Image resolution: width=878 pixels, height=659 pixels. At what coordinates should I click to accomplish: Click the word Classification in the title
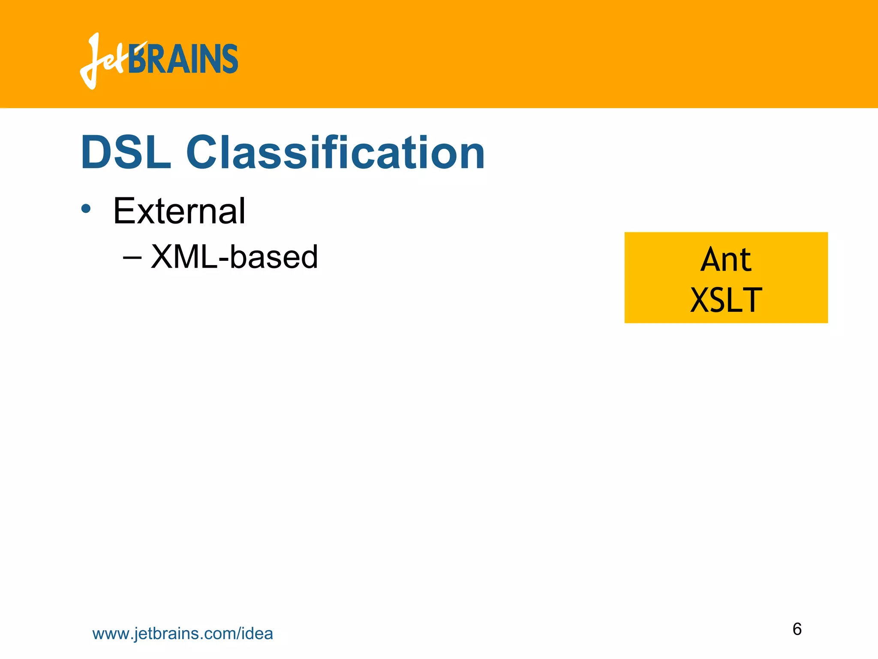pyautogui.click(x=335, y=153)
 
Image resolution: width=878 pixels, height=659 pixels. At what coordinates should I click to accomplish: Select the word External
pyautogui.click(x=179, y=211)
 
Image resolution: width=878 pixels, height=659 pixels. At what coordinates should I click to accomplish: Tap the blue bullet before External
pyautogui.click(x=86, y=209)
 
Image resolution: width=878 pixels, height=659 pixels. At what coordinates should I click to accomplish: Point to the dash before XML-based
pyautogui.click(x=132, y=257)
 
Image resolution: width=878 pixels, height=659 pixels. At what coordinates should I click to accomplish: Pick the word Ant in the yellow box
pyautogui.click(x=726, y=260)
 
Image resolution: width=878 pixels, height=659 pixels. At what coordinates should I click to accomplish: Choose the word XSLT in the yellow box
pyautogui.click(x=726, y=300)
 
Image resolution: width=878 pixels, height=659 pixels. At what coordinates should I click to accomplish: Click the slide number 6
pyautogui.click(x=797, y=629)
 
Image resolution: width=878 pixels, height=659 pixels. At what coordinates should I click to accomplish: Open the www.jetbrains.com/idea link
pyautogui.click(x=183, y=634)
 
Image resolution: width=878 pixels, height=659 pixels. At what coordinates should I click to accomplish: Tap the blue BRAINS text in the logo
pyautogui.click(x=183, y=59)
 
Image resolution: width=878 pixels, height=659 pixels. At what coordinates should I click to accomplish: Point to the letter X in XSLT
pyautogui.click(x=701, y=300)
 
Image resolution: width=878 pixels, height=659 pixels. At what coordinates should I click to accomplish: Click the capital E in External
pyautogui.click(x=123, y=211)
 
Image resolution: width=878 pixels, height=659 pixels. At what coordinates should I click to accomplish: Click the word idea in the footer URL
pyautogui.click(x=257, y=634)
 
